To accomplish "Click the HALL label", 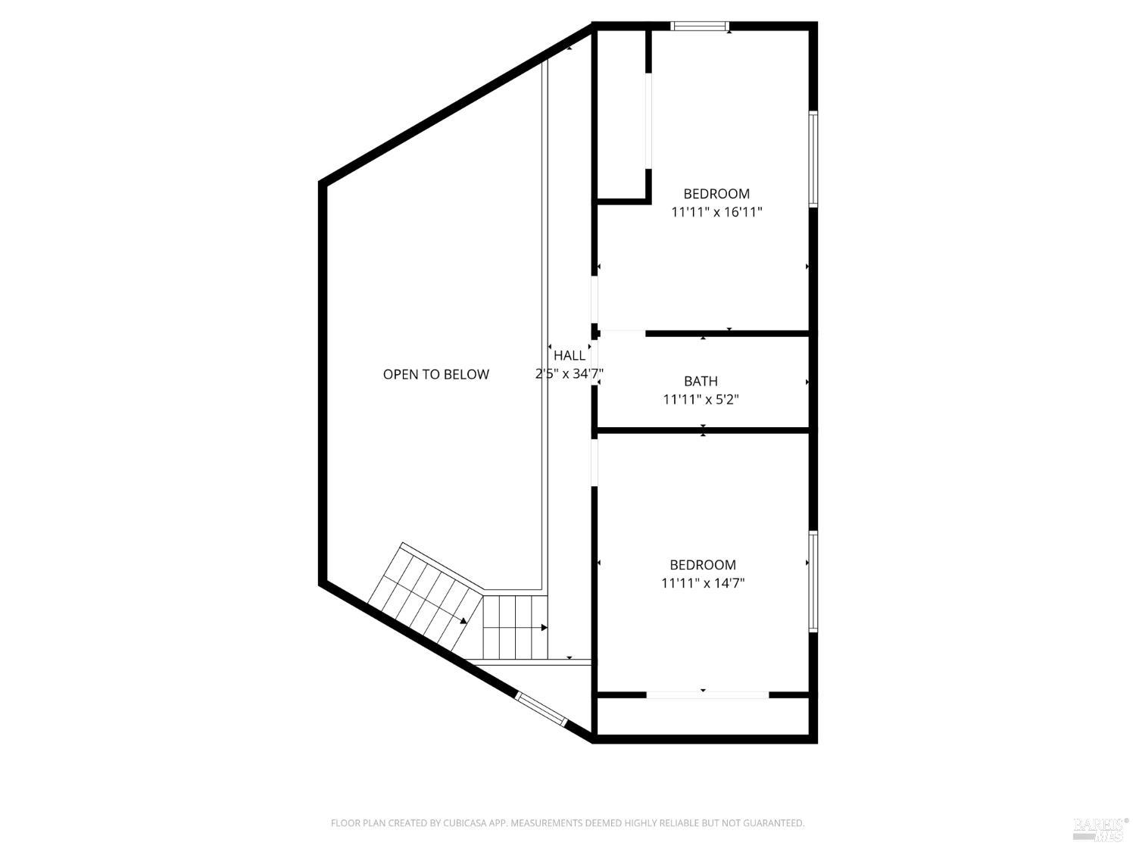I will point(569,355).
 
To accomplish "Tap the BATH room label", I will point(701,381).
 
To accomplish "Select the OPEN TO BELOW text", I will point(435,374).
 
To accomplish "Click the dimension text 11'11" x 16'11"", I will point(716,212).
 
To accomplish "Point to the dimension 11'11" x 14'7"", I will point(703,583).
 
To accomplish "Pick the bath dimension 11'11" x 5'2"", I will point(701,399).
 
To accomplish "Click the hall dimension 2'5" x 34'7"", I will point(569,373).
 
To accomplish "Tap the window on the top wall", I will point(701,27).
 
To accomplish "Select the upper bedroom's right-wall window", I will point(813,159).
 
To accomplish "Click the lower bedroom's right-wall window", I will point(813,582).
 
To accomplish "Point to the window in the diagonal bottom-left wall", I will point(541,709).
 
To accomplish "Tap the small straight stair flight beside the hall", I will point(516,627).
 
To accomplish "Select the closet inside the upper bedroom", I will point(623,114).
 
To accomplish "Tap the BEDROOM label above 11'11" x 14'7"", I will point(703,565).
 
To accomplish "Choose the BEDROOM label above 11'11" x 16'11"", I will point(716,194).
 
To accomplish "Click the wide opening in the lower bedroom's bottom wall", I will point(707,694).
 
